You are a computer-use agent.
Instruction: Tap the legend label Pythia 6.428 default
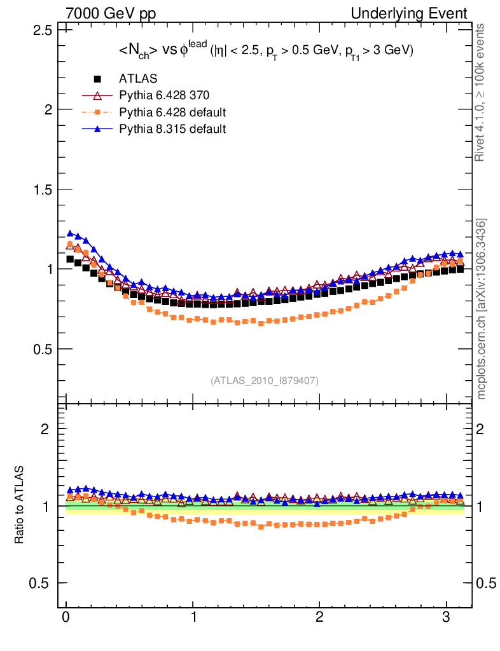172,113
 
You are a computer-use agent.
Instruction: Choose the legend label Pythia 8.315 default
172,129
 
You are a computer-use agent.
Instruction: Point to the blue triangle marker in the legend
97,129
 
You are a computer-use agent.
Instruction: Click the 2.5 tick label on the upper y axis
42,30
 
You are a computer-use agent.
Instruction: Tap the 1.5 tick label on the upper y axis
42,189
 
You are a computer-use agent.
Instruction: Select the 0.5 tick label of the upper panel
42,349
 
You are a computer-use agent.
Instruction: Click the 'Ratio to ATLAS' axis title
20,505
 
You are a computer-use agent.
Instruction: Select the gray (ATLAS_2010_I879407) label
265,381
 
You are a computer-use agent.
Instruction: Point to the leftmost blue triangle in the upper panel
70,233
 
